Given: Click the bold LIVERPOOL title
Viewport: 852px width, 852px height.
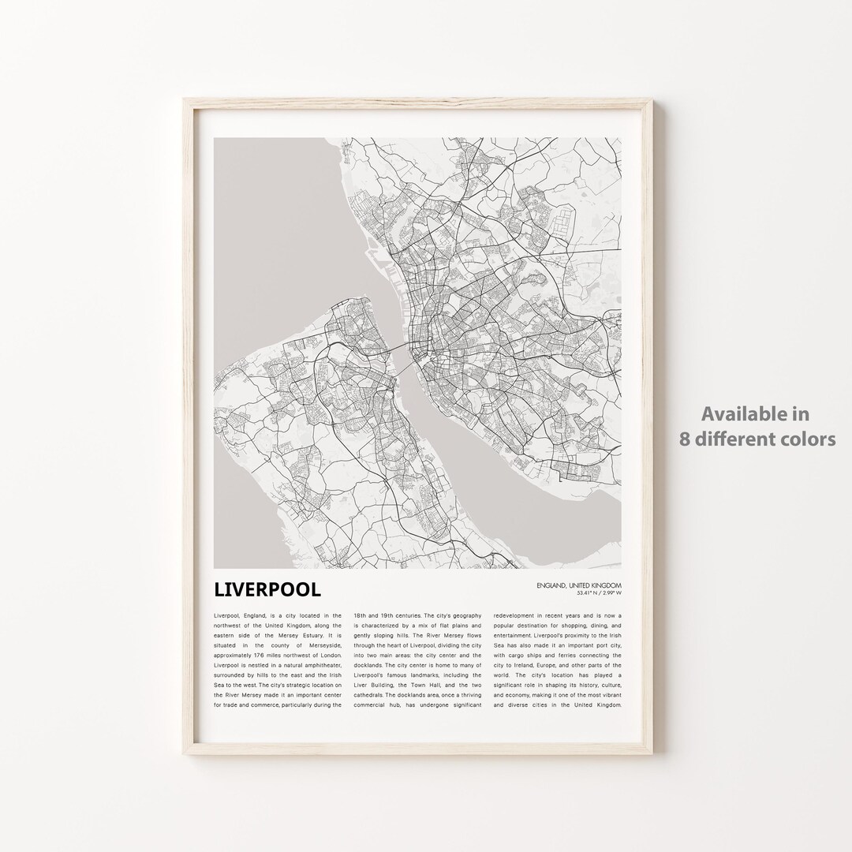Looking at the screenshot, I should (x=267, y=590).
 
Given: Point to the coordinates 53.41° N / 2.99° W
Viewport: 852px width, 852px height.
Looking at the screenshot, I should (x=588, y=592).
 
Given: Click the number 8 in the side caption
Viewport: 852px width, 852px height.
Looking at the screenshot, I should (x=685, y=439).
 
